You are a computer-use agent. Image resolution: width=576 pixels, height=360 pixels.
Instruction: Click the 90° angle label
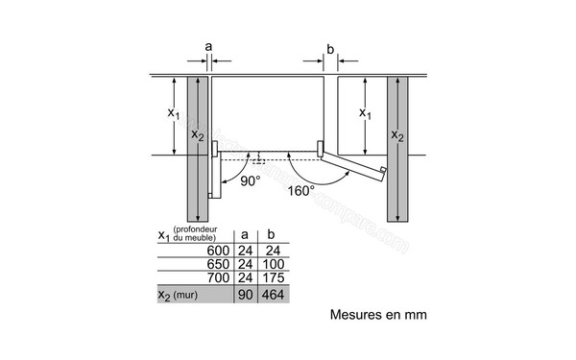251,180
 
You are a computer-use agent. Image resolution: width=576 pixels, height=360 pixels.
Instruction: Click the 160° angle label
300,191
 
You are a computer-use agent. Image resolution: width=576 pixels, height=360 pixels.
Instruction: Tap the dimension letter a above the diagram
208,45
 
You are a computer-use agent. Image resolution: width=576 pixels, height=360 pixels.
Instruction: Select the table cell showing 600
220,252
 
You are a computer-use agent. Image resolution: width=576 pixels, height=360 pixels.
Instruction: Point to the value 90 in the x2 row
245,296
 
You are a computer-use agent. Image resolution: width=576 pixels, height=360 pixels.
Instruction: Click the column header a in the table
245,235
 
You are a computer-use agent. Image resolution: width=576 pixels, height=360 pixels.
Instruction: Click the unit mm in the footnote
413,314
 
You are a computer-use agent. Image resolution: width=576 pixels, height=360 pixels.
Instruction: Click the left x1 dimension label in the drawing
174,113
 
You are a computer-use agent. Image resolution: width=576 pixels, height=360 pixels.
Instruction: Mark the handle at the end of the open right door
383,173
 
